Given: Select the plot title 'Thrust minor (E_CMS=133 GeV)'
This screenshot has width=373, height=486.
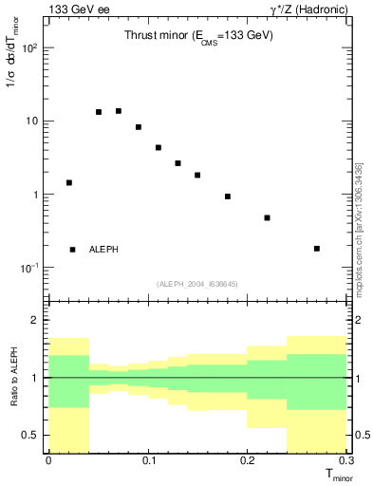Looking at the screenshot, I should [x=199, y=36].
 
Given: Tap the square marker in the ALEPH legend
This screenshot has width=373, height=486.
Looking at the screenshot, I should [x=72, y=250].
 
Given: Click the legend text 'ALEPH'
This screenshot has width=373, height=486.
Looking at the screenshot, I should [x=103, y=250].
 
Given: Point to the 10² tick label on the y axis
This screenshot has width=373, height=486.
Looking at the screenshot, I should [x=31, y=47].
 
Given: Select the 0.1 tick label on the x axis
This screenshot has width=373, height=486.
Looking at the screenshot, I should [x=147, y=462].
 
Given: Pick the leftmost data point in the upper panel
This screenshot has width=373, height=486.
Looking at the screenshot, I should [x=68, y=182].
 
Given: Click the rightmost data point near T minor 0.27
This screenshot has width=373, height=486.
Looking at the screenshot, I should [x=317, y=249].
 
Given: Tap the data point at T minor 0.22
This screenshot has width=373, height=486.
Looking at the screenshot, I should [x=268, y=217].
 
